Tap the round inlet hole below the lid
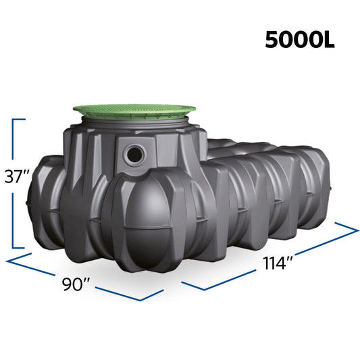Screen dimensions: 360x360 (134, 155)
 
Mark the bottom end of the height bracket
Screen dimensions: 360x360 (18, 247)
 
